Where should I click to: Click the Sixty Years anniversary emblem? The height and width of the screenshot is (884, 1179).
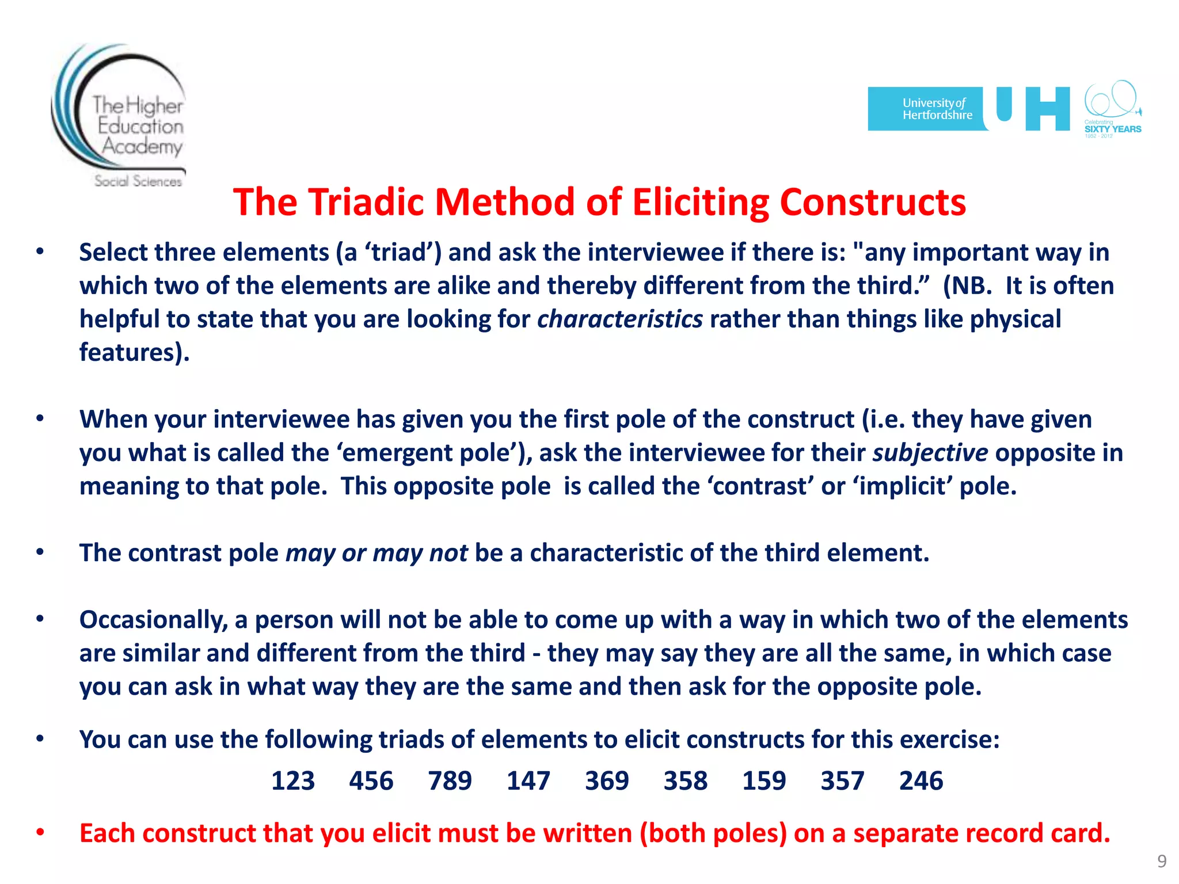click(x=1112, y=109)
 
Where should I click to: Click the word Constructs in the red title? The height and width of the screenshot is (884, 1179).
click(x=872, y=203)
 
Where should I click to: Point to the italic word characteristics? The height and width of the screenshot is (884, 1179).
click(x=619, y=319)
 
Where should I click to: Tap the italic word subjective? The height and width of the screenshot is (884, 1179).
click(x=930, y=453)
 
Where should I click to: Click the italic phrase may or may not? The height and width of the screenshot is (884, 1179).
click(x=376, y=553)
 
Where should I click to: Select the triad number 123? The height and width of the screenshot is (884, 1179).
click(x=292, y=781)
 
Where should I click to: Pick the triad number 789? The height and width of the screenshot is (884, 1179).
click(x=450, y=781)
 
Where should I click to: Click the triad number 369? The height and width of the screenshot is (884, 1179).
click(x=607, y=781)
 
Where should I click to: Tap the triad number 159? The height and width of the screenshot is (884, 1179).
click(x=763, y=781)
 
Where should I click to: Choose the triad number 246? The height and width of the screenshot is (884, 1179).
click(x=921, y=781)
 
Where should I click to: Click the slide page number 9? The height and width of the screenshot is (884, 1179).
click(x=1162, y=861)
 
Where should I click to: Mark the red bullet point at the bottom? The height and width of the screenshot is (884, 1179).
click(x=40, y=832)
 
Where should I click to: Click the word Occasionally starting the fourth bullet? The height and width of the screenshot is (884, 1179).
click(x=154, y=620)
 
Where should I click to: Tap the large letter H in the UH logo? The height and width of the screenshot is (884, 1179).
click(x=1047, y=109)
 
